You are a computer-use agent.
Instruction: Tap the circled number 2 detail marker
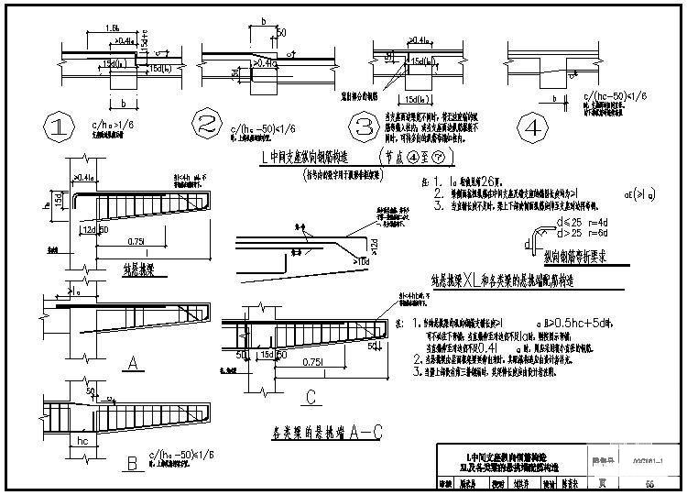click(204, 126)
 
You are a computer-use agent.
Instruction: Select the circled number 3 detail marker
click(366, 126)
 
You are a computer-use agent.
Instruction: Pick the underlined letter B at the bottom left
click(132, 464)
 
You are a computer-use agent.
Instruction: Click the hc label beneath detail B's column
click(85, 439)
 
